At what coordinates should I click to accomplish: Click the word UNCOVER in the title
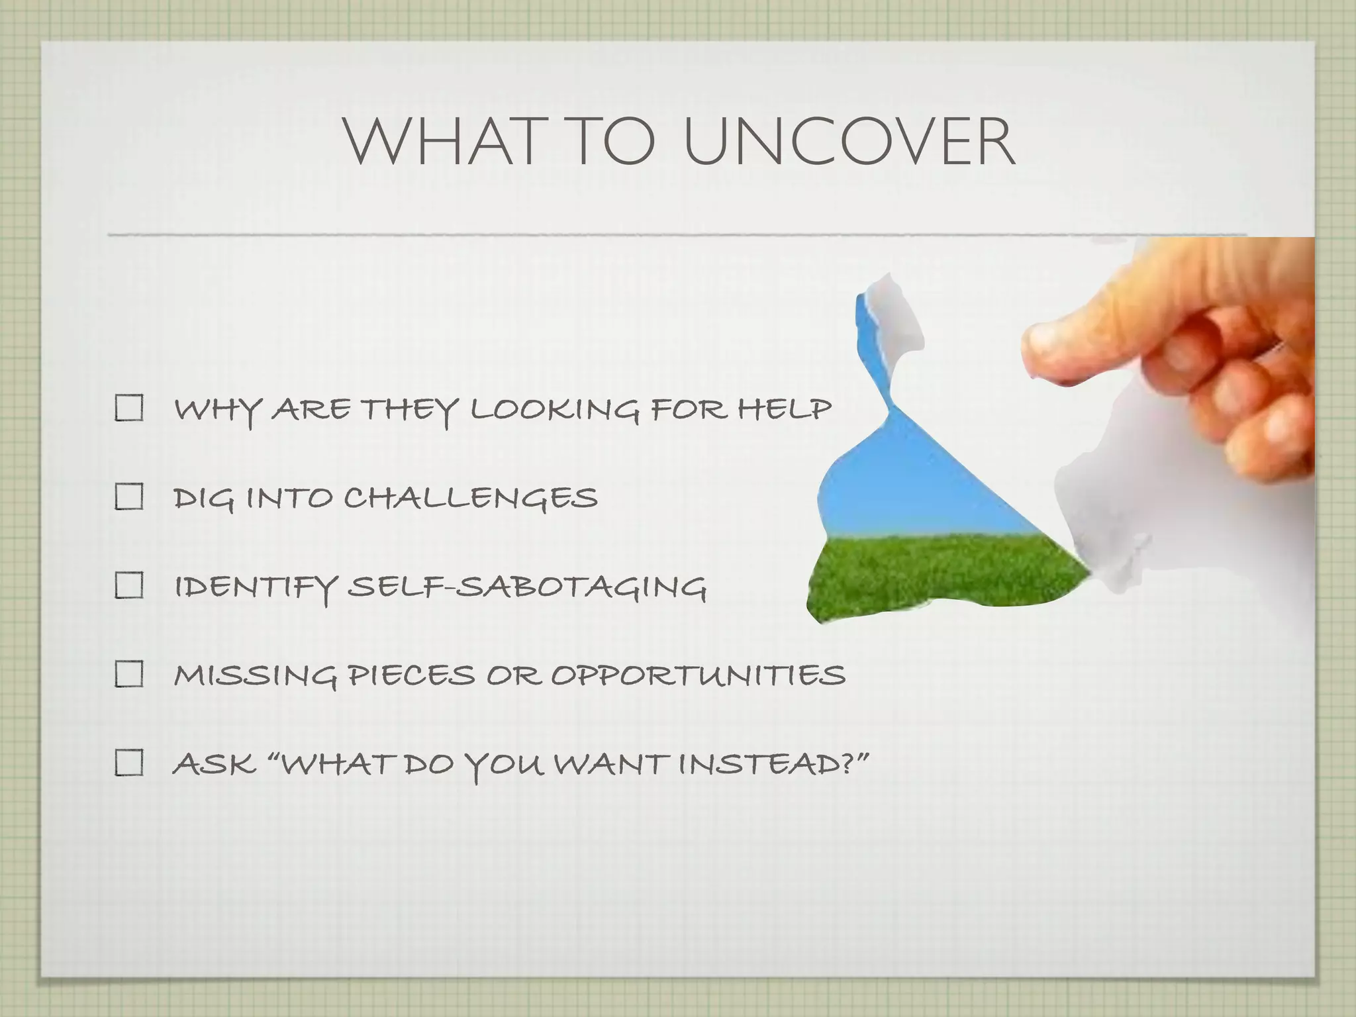pos(849,142)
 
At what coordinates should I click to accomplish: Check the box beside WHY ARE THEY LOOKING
pos(129,409)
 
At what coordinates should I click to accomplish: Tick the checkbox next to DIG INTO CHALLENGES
pos(129,497)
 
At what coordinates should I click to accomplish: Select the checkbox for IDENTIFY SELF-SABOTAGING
pos(129,585)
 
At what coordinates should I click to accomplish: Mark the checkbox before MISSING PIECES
pos(129,675)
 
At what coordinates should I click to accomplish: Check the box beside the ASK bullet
pos(129,763)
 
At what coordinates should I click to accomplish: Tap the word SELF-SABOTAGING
pos(527,587)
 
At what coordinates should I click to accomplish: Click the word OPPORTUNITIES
pos(699,676)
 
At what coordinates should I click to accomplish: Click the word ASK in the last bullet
pos(214,765)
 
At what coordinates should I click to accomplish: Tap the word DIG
pos(203,499)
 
